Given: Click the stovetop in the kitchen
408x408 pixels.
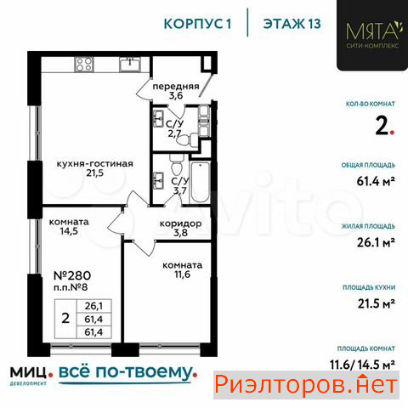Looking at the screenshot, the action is [84, 65].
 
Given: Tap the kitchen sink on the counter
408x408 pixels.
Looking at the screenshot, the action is [130, 65].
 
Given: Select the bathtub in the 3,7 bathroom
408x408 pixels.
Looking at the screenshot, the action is [200, 182].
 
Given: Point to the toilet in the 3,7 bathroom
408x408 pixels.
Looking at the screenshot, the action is [177, 165].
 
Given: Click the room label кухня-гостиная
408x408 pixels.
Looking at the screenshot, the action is [95, 164].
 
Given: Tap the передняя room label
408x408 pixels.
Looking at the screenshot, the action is [176, 86].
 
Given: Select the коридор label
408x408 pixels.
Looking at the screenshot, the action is [181, 224].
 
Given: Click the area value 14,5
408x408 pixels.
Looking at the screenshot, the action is [69, 231].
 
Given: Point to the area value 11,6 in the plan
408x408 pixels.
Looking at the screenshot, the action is [182, 275].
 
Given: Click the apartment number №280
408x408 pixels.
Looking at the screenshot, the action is [72, 275].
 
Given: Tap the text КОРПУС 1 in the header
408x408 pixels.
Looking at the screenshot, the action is [198, 24].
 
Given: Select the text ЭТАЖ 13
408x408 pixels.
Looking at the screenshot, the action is [292, 24].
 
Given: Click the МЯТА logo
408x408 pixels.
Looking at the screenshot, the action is [372, 35].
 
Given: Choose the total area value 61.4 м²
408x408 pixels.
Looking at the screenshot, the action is [376, 181].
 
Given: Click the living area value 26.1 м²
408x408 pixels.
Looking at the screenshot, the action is [376, 242].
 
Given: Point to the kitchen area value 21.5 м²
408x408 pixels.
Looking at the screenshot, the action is [377, 303].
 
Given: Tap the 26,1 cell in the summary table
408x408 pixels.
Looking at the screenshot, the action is [93, 306].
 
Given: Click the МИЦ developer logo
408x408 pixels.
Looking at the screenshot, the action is [28, 375].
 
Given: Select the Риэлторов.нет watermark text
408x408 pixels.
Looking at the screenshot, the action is [306, 385].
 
